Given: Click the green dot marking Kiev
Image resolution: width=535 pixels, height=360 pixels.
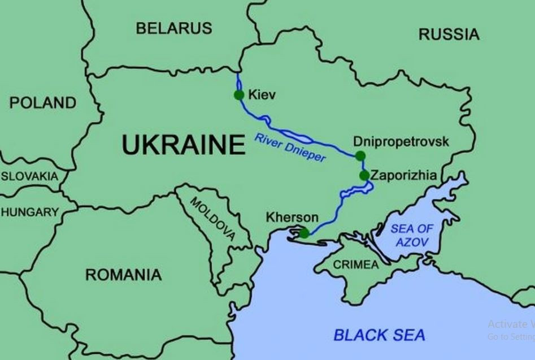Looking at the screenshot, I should (x=239, y=94).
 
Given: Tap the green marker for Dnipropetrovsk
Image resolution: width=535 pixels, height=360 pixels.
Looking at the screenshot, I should (x=360, y=156).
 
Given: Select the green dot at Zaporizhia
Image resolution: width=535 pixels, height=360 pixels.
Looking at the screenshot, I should (x=364, y=175).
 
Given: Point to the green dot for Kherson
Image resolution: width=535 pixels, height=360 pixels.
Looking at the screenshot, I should (x=304, y=233).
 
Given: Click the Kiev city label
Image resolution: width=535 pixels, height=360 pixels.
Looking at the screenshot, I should (x=262, y=94).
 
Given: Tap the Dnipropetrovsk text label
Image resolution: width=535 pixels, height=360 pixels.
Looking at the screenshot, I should (x=401, y=141).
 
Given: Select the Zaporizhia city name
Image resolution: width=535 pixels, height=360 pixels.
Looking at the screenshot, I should (x=404, y=176).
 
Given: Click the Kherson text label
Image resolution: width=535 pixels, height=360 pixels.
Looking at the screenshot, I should (x=292, y=218).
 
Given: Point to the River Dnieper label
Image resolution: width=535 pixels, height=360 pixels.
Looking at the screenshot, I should (x=290, y=148).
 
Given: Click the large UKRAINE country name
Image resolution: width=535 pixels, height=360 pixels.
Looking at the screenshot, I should (x=184, y=145).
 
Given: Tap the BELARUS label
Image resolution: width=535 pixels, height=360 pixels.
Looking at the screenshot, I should (x=173, y=28).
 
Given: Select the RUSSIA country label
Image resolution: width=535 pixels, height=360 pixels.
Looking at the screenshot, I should (x=449, y=34).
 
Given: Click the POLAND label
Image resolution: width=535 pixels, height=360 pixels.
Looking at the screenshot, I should (x=42, y=103).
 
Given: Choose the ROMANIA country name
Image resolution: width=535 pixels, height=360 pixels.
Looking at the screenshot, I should (x=123, y=275).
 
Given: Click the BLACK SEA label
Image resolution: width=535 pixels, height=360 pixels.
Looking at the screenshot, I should (x=379, y=335).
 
